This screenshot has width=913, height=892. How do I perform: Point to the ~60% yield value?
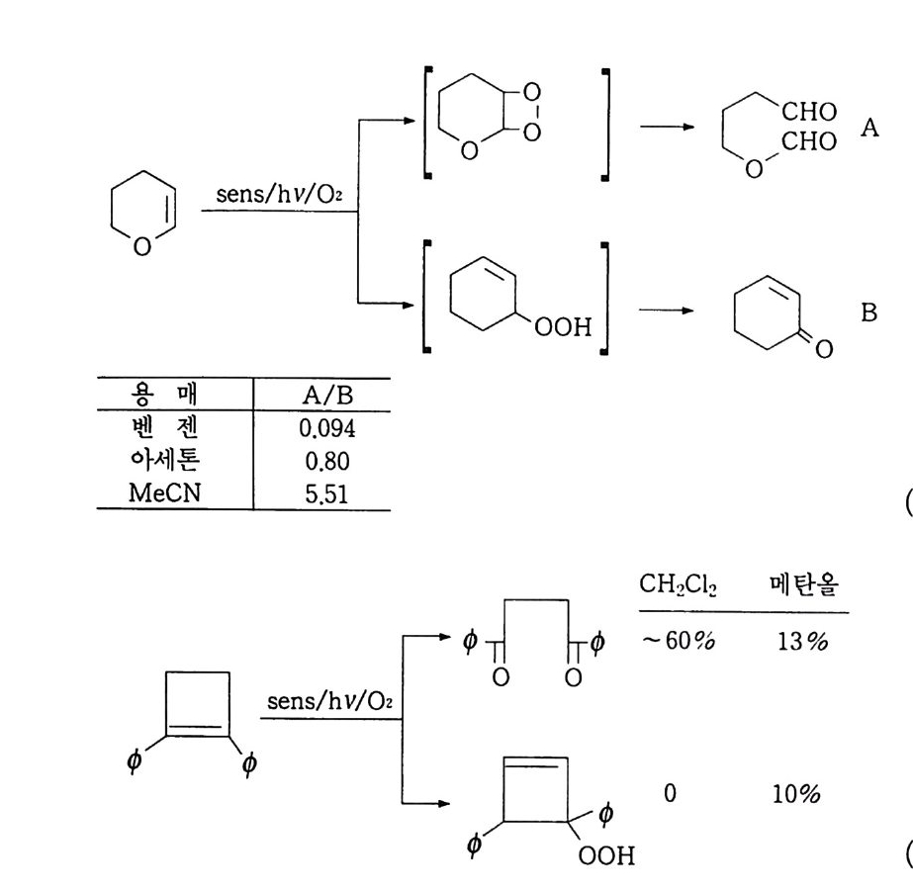click(x=679, y=641)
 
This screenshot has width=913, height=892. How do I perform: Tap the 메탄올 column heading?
click(x=803, y=586)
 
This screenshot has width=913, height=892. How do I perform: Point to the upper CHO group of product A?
click(x=808, y=112)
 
